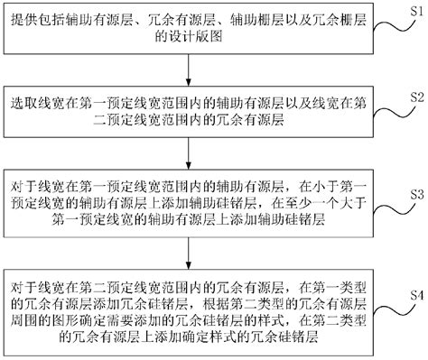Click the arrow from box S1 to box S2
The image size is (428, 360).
[197, 71]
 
